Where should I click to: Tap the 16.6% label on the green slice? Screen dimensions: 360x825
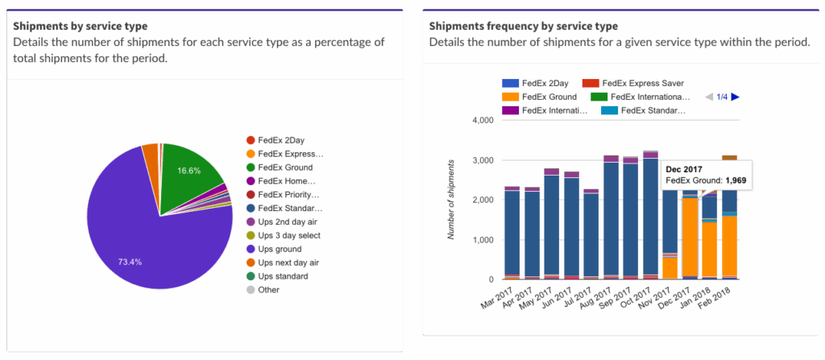pyautogui.click(x=189, y=171)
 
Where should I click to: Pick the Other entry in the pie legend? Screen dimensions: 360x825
pyautogui.click(x=268, y=290)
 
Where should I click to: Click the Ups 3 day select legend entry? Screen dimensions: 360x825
pyautogui.click(x=289, y=235)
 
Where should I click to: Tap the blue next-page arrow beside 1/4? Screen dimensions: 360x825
pyautogui.click(x=735, y=97)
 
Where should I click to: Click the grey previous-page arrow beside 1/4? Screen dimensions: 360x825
pyautogui.click(x=708, y=97)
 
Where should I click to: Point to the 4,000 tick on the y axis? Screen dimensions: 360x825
pyautogui.click(x=480, y=121)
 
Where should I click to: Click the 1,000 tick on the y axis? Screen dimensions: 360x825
pyautogui.click(x=480, y=240)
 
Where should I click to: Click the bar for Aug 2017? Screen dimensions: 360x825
pyautogui.click(x=611, y=217)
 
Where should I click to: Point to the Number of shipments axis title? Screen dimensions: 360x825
pyautogui.click(x=453, y=200)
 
